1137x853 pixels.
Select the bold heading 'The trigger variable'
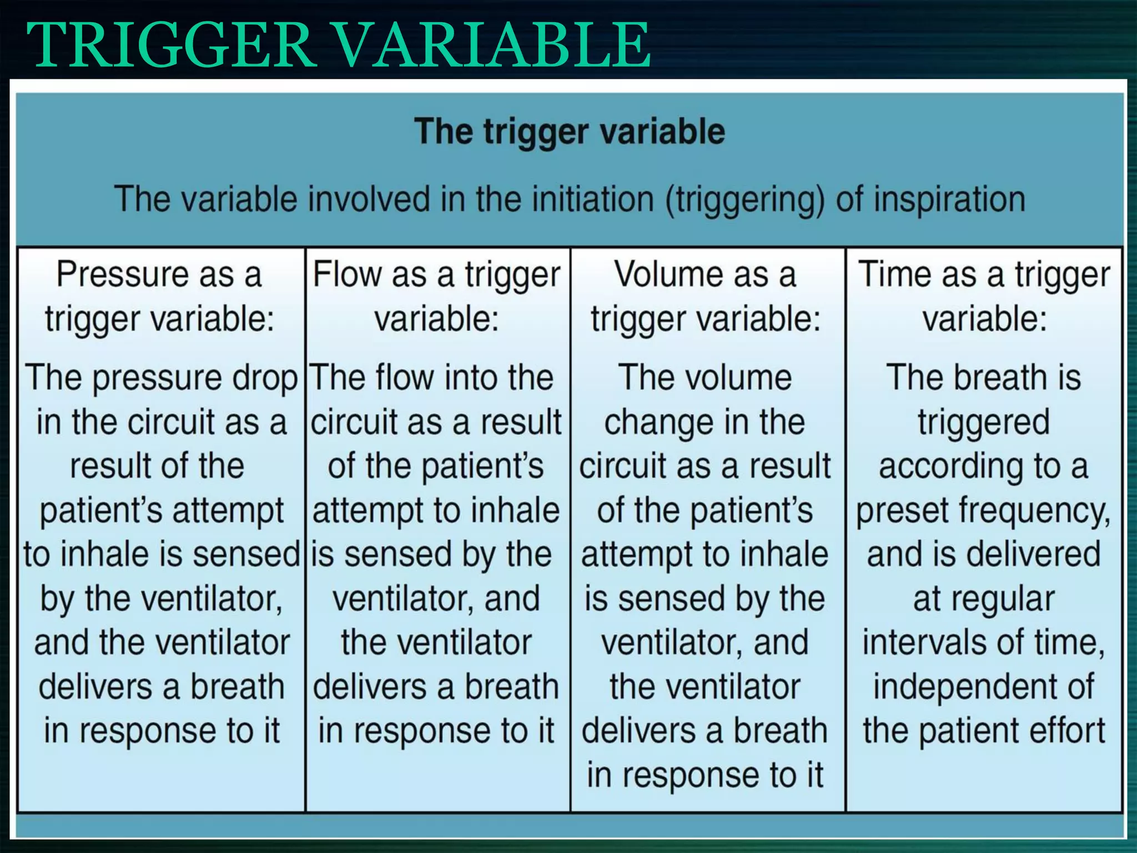pos(570,132)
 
